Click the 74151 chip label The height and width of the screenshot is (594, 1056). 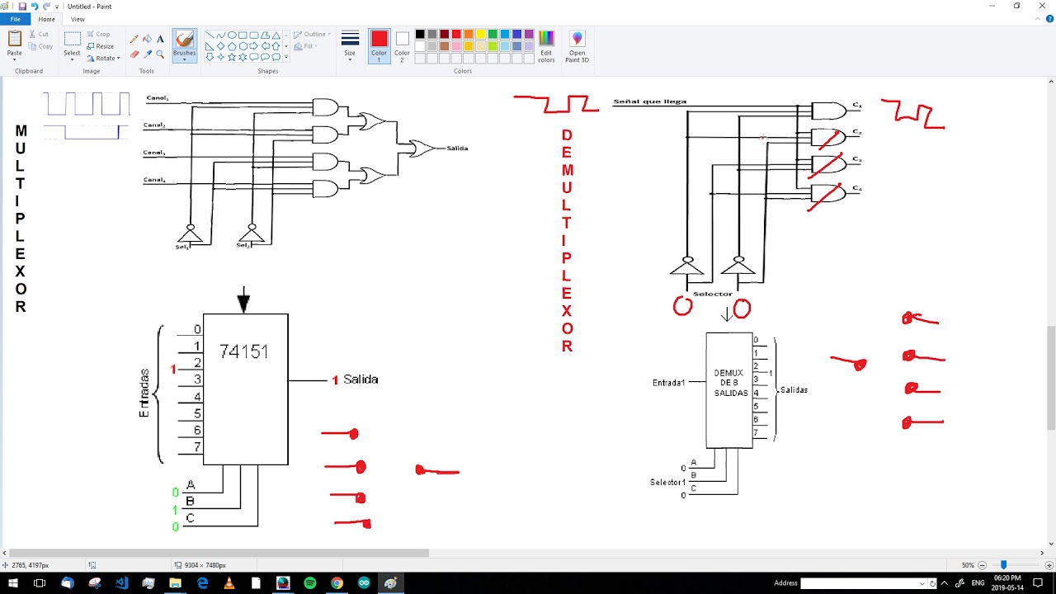tap(244, 351)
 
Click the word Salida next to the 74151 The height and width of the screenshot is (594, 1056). tap(361, 379)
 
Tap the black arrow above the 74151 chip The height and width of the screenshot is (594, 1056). tap(243, 301)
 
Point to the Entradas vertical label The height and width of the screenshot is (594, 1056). tap(144, 393)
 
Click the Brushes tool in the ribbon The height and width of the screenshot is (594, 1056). tap(184, 44)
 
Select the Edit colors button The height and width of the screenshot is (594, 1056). tap(546, 46)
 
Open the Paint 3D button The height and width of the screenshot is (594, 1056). tap(577, 46)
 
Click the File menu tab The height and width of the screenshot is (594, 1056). tap(15, 19)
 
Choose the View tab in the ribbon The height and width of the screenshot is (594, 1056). tap(78, 19)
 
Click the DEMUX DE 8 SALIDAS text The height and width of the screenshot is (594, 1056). tap(730, 384)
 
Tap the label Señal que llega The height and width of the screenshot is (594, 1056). tap(649, 101)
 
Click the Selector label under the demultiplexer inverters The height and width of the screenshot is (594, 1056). tap(712, 294)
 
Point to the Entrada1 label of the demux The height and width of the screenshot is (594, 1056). tap(668, 383)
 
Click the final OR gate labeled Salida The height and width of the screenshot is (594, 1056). tap(422, 148)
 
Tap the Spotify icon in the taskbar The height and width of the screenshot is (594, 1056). tap(310, 583)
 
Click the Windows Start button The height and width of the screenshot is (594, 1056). tap(13, 583)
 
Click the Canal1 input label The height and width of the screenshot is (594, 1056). tap(157, 98)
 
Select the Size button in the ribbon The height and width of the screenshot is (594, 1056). tap(350, 45)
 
